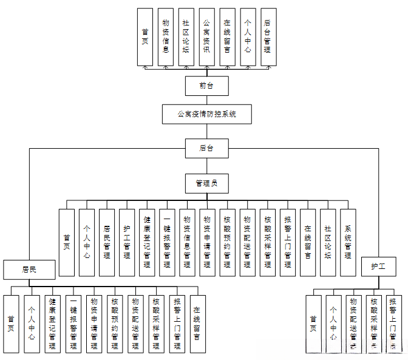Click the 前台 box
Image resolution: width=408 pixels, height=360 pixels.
206,86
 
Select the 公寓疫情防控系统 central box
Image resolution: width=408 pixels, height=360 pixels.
206,114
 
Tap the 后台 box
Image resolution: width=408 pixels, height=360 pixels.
206,148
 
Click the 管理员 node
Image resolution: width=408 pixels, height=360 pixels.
206,182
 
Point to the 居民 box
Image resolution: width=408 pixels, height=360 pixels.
30,268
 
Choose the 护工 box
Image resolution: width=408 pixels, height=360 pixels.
379,266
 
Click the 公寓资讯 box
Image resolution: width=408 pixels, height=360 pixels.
206,37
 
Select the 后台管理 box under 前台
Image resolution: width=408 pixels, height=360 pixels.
268,37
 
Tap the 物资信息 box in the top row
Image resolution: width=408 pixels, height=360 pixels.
166,37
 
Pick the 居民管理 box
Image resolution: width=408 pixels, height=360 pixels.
107,243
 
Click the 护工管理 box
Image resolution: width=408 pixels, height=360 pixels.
127,243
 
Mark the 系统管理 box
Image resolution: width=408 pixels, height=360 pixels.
348,243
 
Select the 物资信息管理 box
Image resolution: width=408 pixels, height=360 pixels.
187,243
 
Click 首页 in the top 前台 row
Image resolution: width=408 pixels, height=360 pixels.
145,37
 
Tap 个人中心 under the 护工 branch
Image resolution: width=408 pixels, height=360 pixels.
333,324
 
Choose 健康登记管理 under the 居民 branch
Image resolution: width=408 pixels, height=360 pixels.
52,324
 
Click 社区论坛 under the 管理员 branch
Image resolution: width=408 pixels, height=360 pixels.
328,243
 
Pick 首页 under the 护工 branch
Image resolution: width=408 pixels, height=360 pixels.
313,324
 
